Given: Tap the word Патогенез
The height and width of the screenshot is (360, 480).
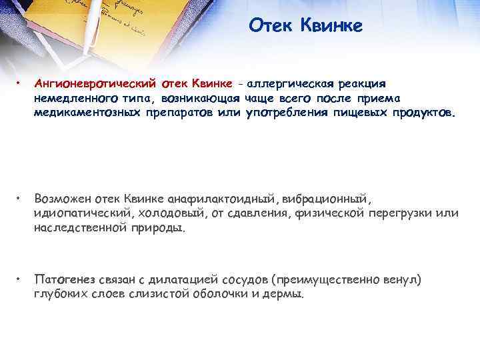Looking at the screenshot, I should pyautogui.click(x=65, y=279).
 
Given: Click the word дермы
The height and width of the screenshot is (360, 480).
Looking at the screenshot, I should pyautogui.click(x=287, y=293).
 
